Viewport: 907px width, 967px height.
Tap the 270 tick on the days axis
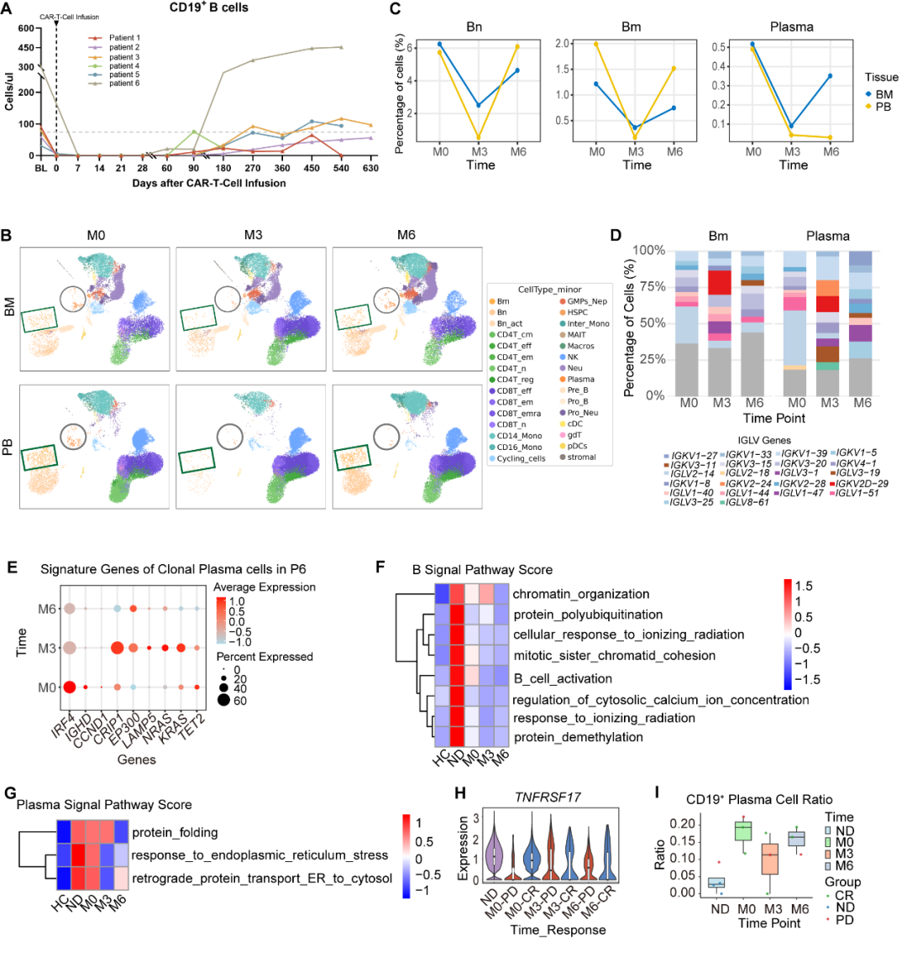(253, 168)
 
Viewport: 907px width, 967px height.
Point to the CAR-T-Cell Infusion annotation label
(69, 16)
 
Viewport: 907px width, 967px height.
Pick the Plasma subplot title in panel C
(791, 27)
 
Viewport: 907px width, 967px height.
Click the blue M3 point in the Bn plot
(479, 105)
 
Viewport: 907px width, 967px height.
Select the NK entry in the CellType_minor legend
(574, 357)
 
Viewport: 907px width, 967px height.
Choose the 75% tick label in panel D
(648, 286)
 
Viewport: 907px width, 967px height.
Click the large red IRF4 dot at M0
(70, 687)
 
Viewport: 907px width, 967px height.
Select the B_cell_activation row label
(563, 678)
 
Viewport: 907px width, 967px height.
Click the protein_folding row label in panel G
(175, 833)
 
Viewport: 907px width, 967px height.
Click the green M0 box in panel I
(743, 830)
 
